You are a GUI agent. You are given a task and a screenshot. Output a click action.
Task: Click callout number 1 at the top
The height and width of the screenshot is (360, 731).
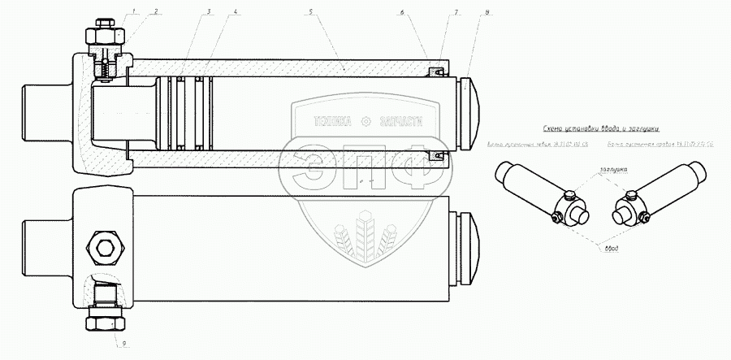tap(134, 12)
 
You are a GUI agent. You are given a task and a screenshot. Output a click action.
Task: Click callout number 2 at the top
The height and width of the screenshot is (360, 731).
tap(156, 12)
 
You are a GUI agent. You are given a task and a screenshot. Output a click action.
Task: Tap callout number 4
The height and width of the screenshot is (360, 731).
tap(235, 12)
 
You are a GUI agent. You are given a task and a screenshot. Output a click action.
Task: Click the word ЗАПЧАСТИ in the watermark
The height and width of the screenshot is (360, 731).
tap(400, 122)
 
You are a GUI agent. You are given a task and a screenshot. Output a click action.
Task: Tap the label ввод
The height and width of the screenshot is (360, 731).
tap(615, 249)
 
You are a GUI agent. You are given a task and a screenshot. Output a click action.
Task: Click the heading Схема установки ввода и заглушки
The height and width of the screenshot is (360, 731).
tap(600, 128)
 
